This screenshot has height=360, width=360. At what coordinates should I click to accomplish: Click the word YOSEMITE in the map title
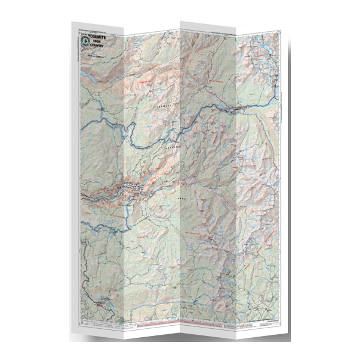100,35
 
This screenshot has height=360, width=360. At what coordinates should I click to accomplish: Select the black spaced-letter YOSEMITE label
168,107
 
